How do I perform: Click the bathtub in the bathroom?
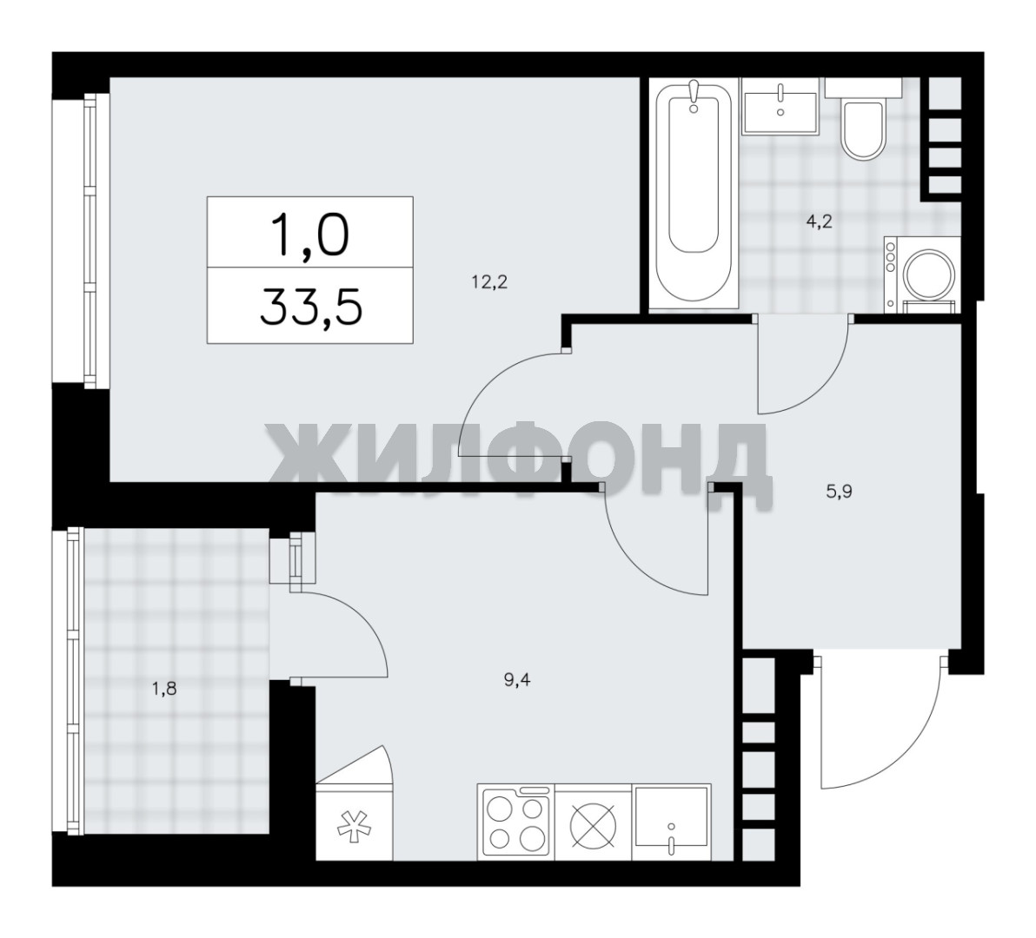coord(693,194)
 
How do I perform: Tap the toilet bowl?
coord(864,130)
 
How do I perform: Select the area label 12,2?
coord(489,283)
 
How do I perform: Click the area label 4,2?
coord(819,221)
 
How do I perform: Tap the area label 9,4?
coord(517,680)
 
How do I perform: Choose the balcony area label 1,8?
coord(164,690)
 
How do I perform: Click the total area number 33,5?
coord(311,307)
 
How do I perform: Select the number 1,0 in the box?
coord(309,235)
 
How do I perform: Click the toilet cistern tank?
coord(863,87)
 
